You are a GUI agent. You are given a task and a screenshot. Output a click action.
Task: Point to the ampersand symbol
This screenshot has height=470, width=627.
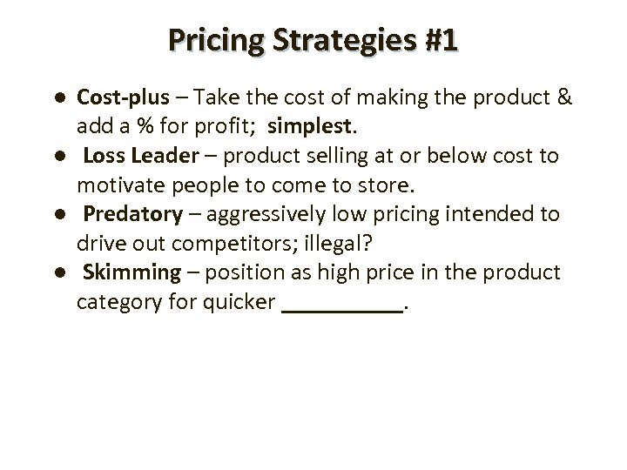[x=564, y=96]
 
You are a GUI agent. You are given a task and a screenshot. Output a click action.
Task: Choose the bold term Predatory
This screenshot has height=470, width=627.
[x=133, y=214]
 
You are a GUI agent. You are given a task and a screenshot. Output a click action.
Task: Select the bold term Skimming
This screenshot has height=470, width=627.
[x=131, y=273]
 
